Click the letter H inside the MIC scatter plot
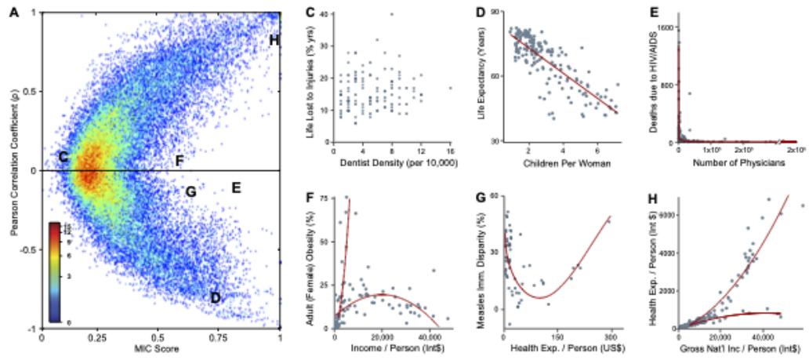pos(274,40)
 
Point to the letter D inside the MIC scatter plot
pos(215,297)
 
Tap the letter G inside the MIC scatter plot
pos(189,191)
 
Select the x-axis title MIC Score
pos(160,350)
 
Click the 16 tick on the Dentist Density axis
pos(450,152)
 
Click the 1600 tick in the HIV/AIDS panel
pos(666,27)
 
